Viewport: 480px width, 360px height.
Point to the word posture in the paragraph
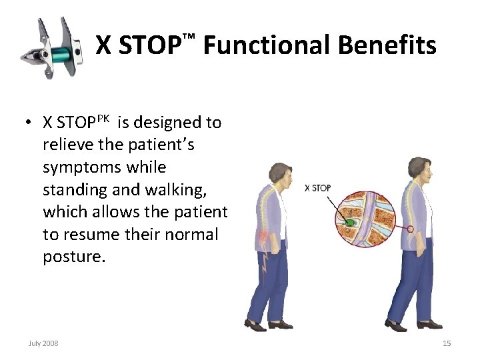[x=73, y=257]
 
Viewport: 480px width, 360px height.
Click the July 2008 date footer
[x=43, y=343]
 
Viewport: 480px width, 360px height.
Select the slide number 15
[x=447, y=343]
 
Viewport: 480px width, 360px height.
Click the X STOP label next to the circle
[x=317, y=189]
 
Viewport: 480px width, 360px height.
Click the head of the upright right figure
[x=419, y=167]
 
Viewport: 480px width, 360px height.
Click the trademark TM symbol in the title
[x=189, y=34]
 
